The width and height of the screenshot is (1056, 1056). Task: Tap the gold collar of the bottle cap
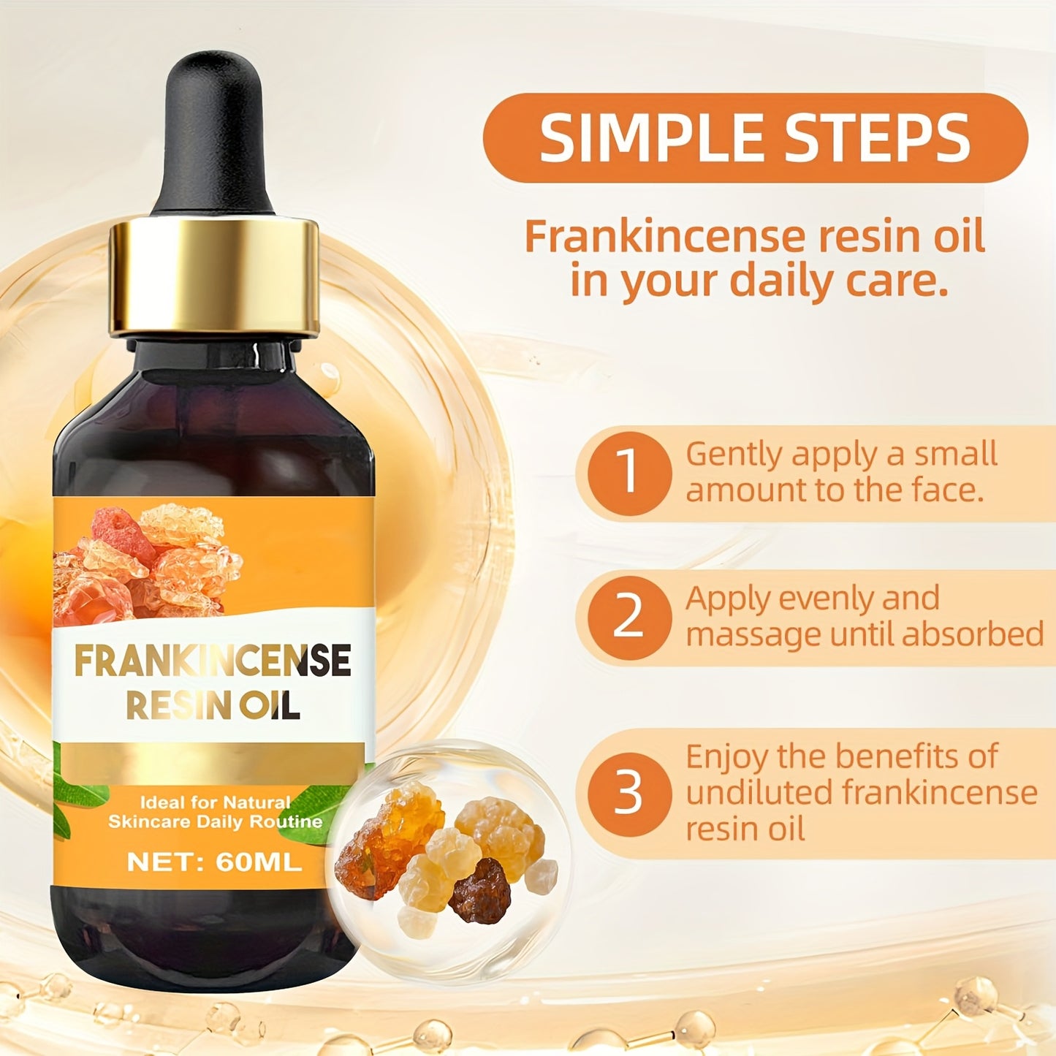click(x=214, y=278)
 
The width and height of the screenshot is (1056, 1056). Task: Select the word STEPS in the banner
click(x=878, y=138)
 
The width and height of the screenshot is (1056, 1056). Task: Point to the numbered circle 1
click(x=628, y=472)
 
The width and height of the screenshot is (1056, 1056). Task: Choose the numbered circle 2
click(x=628, y=618)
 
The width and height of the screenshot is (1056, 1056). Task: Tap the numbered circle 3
click(x=628, y=794)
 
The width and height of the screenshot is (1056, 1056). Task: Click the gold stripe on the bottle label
click(x=212, y=761)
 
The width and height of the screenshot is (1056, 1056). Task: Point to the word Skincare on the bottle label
click(x=143, y=821)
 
